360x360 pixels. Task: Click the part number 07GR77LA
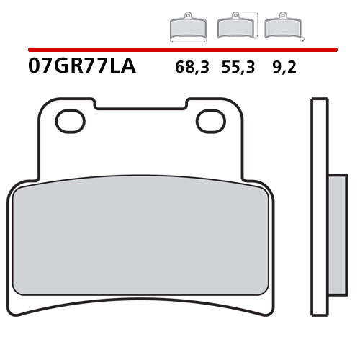pos(81,66)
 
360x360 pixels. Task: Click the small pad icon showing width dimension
pos(187,27)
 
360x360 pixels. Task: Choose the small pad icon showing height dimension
pos(235,27)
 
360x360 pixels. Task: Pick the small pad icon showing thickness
pos(282,27)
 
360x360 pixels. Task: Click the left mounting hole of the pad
pos(70,121)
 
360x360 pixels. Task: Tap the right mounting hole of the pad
pos(211,121)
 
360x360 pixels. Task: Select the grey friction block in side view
pos(337,234)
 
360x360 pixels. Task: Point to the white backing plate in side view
pos(319,207)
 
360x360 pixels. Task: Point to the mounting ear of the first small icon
pos(187,15)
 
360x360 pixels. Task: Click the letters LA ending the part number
pos(122,66)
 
